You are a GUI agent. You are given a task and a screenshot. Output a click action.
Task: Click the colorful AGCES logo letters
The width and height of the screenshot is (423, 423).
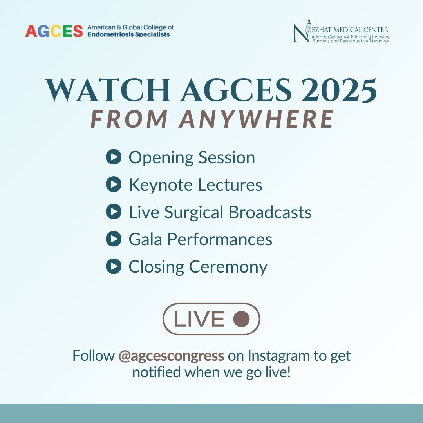pyautogui.click(x=54, y=31)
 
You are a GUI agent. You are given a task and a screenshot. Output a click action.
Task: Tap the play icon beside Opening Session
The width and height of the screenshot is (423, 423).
pyautogui.click(x=114, y=157)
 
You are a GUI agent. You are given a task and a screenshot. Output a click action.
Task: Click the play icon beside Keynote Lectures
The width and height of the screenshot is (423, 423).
pyautogui.click(x=114, y=184)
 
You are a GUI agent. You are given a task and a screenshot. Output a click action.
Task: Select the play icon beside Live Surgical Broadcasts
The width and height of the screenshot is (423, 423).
pyautogui.click(x=114, y=212)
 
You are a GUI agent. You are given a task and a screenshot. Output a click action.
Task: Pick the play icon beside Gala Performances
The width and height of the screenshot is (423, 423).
pyautogui.click(x=114, y=239)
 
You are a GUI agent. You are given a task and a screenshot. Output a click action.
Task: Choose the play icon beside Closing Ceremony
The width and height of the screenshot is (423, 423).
pyautogui.click(x=114, y=266)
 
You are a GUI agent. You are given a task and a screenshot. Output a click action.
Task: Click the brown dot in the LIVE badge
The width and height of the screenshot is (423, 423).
pyautogui.click(x=241, y=319)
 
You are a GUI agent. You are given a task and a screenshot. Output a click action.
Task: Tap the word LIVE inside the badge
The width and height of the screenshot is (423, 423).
pyautogui.click(x=199, y=319)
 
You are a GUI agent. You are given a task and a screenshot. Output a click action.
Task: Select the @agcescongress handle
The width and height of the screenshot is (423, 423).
pyautogui.click(x=171, y=356)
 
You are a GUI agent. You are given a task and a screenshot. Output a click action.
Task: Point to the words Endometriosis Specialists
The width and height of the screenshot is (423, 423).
pyautogui.click(x=128, y=34)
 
